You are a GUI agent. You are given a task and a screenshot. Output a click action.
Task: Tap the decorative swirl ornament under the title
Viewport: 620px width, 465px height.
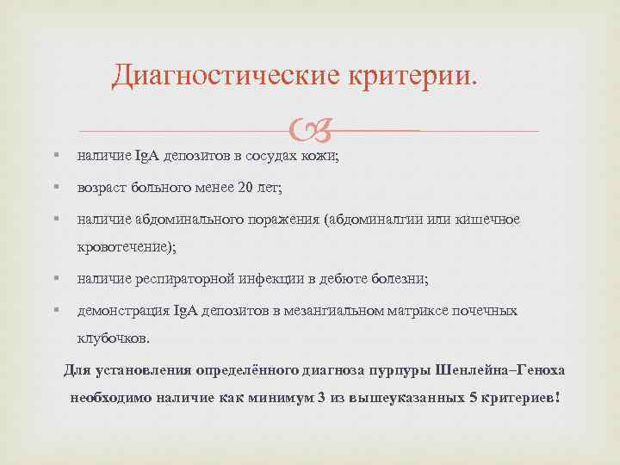[309, 132]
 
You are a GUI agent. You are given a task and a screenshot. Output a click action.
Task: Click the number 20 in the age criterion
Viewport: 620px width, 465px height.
[245, 188]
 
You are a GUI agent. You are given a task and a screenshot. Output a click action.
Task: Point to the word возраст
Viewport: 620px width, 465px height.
[100, 188]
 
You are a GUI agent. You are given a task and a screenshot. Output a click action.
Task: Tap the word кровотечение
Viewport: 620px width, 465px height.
[124, 246]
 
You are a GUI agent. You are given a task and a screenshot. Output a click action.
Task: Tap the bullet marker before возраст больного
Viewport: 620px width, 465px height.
[55, 187]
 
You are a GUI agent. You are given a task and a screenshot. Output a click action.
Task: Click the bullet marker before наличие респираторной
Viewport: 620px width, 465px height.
[55, 278]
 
